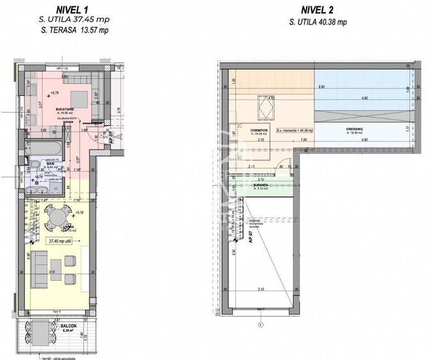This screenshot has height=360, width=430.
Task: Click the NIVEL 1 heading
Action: coord(54,9)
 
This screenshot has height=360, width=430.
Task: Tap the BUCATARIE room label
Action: coord(61,110)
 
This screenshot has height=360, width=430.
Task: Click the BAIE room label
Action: coord(50,163)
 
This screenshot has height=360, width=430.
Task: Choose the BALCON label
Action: coord(68,325)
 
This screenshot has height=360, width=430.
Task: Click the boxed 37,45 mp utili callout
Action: coord(61,241)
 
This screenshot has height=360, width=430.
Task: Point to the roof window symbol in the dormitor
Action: coord(266,106)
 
